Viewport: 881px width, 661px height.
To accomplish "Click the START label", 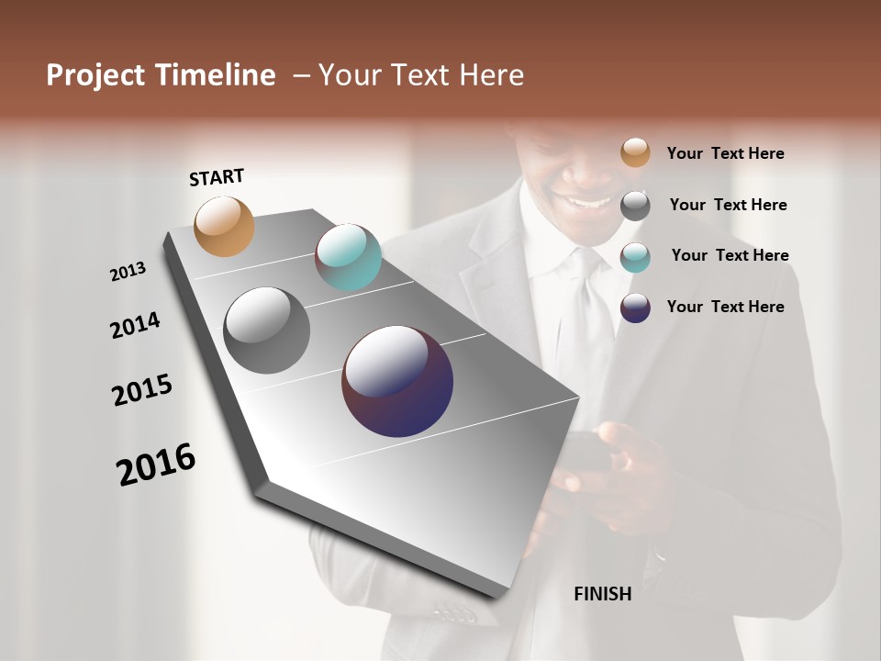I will click(217, 177).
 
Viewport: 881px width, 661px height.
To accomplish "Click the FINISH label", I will click(603, 594).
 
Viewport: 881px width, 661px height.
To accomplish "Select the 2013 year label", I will click(128, 272).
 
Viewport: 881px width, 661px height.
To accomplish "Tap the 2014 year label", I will click(136, 326).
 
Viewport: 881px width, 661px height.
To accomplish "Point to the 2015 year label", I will click(142, 390).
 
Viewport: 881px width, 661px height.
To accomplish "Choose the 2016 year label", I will click(156, 464).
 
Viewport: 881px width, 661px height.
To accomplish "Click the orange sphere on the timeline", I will click(225, 226).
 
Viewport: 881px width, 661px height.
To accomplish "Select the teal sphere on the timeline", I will click(349, 257).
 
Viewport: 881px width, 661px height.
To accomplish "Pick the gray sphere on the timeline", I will click(266, 330).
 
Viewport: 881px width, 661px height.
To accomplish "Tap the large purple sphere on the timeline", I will click(397, 381).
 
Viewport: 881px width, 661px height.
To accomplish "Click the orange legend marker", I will click(635, 152).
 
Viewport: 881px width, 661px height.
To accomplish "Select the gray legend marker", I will click(635, 205).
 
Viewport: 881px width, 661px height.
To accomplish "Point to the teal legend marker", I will click(635, 256).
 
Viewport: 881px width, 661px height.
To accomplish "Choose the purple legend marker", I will click(635, 308).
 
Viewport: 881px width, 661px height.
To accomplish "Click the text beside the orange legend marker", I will click(726, 153).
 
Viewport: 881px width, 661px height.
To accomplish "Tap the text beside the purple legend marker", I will click(726, 307).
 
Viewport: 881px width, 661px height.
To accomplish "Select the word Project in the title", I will click(96, 75).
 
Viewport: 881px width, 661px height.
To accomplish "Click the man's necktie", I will click(585, 312).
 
